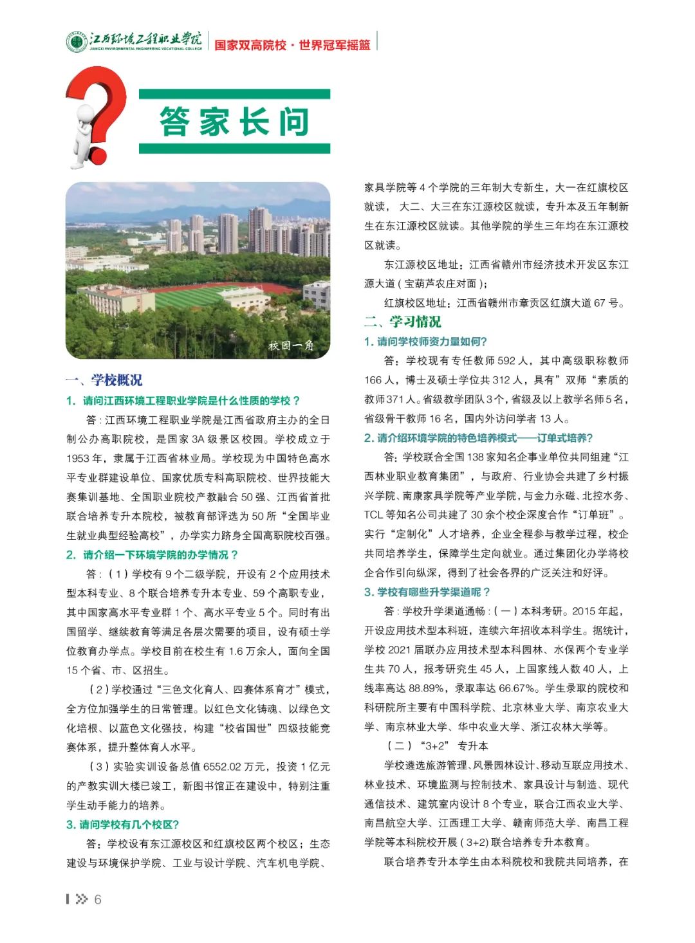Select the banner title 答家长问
(234, 122)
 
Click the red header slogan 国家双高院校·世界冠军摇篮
(292, 45)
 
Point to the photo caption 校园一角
(291, 345)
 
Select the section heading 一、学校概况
(104, 380)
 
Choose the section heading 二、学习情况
(403, 322)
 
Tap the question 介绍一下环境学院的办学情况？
(160, 554)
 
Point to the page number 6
(98, 899)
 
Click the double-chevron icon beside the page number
(82, 899)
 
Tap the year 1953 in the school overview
(79, 459)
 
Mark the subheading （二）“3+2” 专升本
(438, 746)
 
